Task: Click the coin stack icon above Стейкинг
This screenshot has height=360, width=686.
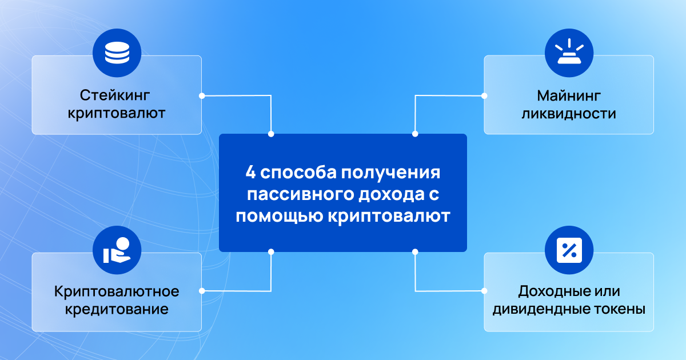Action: click(x=117, y=53)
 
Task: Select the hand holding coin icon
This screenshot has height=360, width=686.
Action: click(x=117, y=250)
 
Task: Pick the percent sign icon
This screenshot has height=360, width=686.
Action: click(x=569, y=250)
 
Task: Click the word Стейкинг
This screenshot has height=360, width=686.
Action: click(x=115, y=95)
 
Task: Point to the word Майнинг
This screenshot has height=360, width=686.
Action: click(x=569, y=96)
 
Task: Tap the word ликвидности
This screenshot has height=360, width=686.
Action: click(x=569, y=114)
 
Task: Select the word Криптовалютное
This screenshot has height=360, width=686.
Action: click(x=117, y=291)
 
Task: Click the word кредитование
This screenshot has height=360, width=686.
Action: click(x=117, y=309)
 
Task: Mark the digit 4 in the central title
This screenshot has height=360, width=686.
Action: click(x=250, y=173)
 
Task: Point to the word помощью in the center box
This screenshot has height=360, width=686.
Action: click(x=280, y=216)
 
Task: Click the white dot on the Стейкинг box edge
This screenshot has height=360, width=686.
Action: click(x=202, y=96)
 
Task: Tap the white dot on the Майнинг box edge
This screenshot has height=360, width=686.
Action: click(x=484, y=96)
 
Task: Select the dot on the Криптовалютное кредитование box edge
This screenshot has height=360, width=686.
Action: click(x=202, y=291)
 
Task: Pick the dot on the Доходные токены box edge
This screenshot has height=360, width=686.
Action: click(x=484, y=291)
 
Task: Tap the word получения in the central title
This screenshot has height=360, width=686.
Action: click(x=391, y=173)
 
